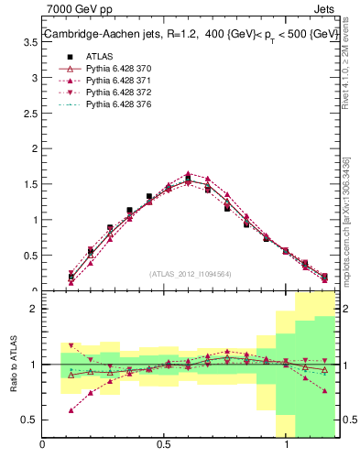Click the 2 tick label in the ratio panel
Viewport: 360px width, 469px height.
[34, 309]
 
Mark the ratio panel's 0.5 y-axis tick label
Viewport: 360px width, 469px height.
[30, 420]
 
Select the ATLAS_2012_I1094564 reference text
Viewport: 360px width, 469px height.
[190, 273]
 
